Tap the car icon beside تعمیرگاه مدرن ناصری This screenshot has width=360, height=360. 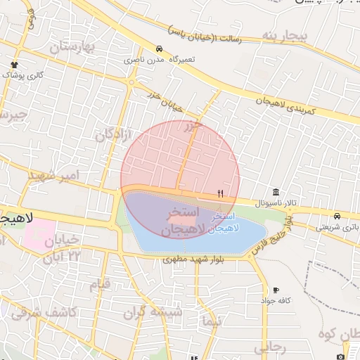tap(160, 49)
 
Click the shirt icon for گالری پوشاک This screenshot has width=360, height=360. tap(14, 65)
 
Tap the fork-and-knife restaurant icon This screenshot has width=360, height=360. tap(221, 193)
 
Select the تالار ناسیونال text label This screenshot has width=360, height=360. tap(261, 203)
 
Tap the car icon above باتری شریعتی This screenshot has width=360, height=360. tap(337, 216)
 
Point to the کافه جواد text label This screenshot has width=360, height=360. tap(276, 300)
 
